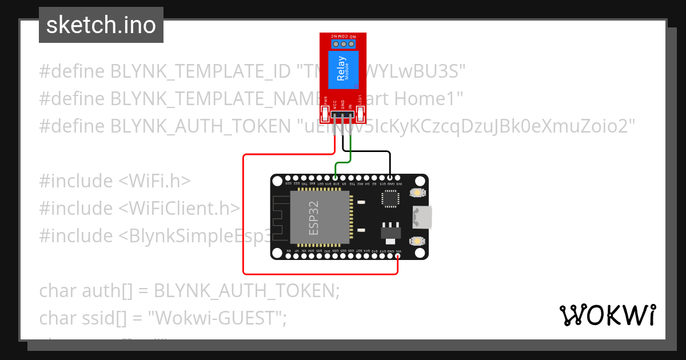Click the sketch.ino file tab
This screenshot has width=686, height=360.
(x=101, y=25)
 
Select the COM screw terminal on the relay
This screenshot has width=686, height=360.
(x=344, y=43)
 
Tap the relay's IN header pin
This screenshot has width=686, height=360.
(x=350, y=117)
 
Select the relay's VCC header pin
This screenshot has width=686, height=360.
(x=335, y=117)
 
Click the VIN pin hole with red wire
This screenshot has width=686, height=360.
(x=398, y=256)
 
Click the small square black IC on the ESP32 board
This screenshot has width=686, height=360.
(x=390, y=198)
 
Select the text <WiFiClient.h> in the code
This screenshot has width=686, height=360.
(x=179, y=209)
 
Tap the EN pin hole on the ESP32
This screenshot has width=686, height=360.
(x=288, y=256)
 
